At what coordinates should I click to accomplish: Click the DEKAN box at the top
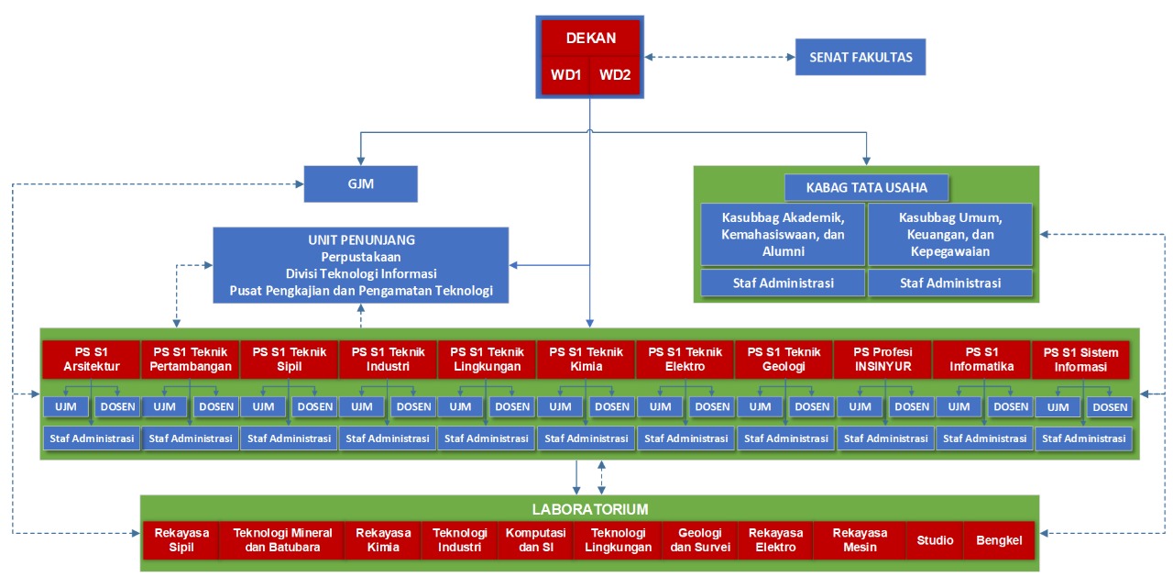pos(590,39)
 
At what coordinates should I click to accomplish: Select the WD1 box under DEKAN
pos(566,75)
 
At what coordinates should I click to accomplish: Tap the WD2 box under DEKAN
pos(615,75)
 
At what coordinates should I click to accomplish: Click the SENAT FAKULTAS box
pos(861,57)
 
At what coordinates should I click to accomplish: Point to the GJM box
pos(361,183)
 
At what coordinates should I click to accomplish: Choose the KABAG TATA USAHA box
pos(866,188)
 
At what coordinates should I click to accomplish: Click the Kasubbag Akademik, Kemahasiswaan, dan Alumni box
pos(783,235)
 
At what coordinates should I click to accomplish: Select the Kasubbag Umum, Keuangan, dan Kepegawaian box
pos(949,235)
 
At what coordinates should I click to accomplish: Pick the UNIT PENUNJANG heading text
pos(361,239)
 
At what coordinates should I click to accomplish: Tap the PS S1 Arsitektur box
pos(91,360)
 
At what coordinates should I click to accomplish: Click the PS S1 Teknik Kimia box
pos(586,360)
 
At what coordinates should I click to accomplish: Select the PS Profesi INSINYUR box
pos(882,360)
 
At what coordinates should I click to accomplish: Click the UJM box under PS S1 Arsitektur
pos(66,406)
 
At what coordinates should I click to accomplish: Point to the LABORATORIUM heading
pos(590,508)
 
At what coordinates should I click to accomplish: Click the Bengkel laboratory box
pos(999,540)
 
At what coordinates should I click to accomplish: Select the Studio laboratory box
pos(935,540)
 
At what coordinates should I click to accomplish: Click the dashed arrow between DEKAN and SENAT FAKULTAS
pos(719,57)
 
